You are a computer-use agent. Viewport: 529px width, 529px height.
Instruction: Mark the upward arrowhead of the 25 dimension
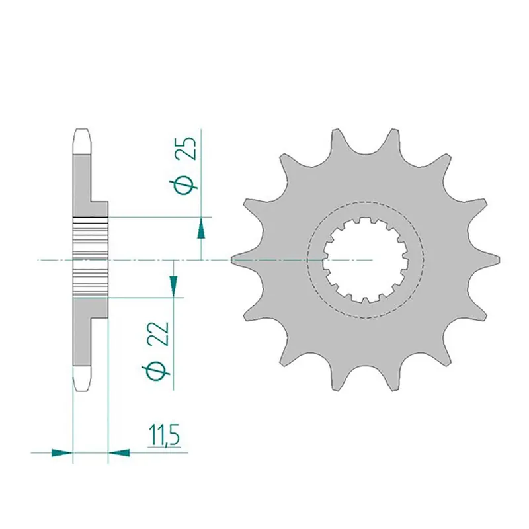pos(201,229)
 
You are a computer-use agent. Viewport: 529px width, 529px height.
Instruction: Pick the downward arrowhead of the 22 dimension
pos(173,286)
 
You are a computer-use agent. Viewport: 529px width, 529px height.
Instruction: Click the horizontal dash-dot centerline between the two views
pos(198,261)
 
